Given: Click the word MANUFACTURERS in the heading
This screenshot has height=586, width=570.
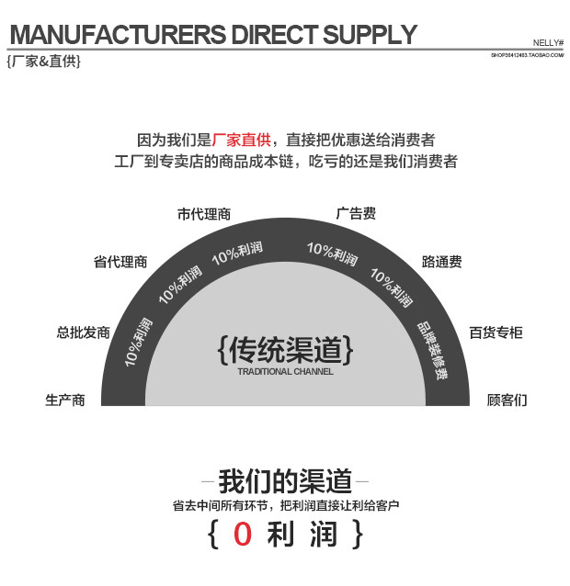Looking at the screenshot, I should (118, 35).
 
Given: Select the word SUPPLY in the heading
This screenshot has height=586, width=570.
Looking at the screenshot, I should (370, 35).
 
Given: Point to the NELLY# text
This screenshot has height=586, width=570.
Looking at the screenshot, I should (548, 43).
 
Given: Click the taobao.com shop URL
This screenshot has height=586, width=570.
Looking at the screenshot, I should (527, 55).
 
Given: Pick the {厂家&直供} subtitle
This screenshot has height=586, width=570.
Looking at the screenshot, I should (43, 62).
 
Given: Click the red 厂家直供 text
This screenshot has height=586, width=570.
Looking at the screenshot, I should (242, 140).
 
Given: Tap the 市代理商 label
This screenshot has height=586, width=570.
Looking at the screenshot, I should (204, 214).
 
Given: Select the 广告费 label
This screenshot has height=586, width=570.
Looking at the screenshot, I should (356, 214).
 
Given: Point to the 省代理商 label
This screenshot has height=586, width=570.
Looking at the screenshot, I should (120, 262).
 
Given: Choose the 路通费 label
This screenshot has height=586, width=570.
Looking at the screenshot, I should (441, 262).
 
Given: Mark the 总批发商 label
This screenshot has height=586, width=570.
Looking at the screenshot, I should (83, 332).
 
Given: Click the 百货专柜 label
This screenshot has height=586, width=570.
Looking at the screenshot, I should (496, 332).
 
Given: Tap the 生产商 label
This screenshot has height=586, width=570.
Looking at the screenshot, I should (65, 400).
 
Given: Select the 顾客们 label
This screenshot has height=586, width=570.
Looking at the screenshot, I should (507, 400).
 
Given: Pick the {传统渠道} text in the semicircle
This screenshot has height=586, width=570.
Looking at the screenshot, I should (285, 350).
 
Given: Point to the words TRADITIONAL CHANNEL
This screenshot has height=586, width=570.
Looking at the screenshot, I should (285, 372).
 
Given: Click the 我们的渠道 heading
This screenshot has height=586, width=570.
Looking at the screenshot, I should (285, 480).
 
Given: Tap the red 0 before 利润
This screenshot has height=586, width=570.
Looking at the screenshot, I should (243, 535).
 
